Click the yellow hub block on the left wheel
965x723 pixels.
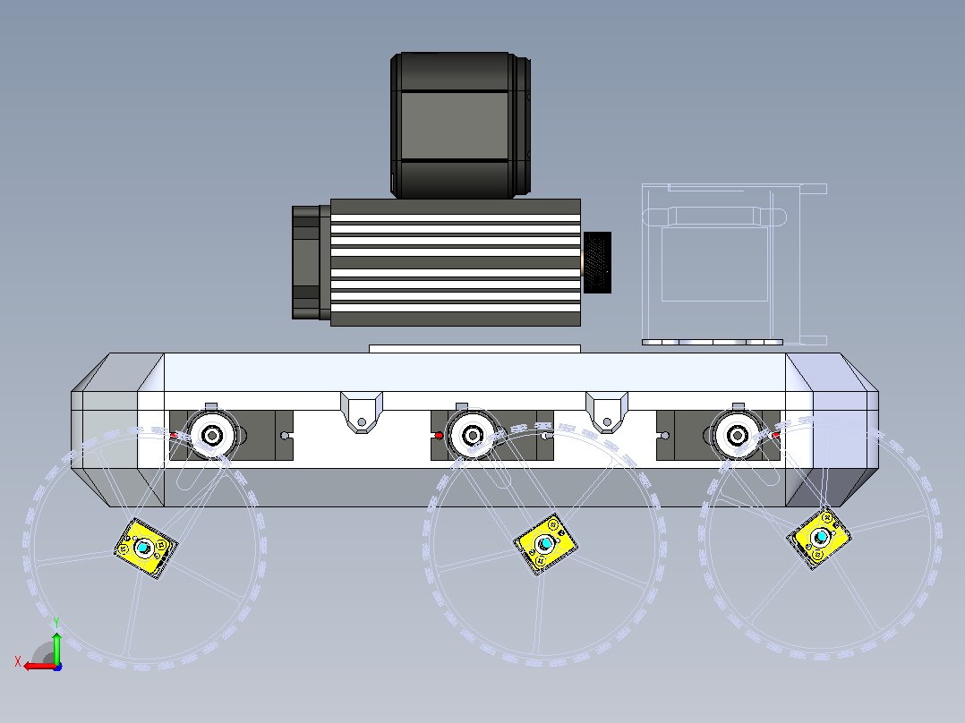pyautogui.click(x=146, y=549)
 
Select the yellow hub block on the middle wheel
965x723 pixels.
pyautogui.click(x=545, y=544)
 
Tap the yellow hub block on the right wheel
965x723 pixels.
pyautogui.click(x=819, y=538)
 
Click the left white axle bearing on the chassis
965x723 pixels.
pyautogui.click(x=212, y=435)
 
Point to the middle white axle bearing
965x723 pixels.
pyautogui.click(x=472, y=435)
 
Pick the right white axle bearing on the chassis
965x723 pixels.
pyautogui.click(x=738, y=435)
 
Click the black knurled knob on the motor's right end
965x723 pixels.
pyautogui.click(x=597, y=262)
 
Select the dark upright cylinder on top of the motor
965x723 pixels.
pyautogui.click(x=460, y=125)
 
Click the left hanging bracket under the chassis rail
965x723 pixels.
pyautogui.click(x=362, y=413)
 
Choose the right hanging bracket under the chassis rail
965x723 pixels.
pyautogui.click(x=607, y=413)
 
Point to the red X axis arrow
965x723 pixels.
pyautogui.click(x=40, y=666)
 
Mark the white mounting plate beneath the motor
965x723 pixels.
pyautogui.click(x=474, y=349)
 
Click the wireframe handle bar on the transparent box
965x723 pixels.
pyautogui.click(x=714, y=217)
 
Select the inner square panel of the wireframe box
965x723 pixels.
pyautogui.click(x=714, y=265)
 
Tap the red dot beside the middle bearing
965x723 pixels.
pyautogui.click(x=439, y=436)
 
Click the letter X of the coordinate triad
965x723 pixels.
pyautogui.click(x=18, y=661)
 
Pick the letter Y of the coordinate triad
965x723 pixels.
pyautogui.click(x=56, y=623)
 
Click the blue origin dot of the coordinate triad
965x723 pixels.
pyautogui.click(x=58, y=667)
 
